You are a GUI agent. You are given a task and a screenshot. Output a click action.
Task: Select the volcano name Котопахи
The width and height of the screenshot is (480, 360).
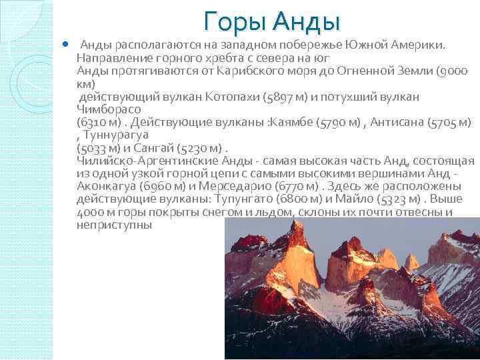coord(217,97)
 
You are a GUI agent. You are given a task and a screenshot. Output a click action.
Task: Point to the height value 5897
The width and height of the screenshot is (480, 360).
coord(274,97)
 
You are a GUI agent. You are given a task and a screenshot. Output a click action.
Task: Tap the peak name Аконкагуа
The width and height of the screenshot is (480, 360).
coord(108,186)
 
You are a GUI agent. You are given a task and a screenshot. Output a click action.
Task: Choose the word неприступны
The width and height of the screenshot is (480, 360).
coord(114,225)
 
